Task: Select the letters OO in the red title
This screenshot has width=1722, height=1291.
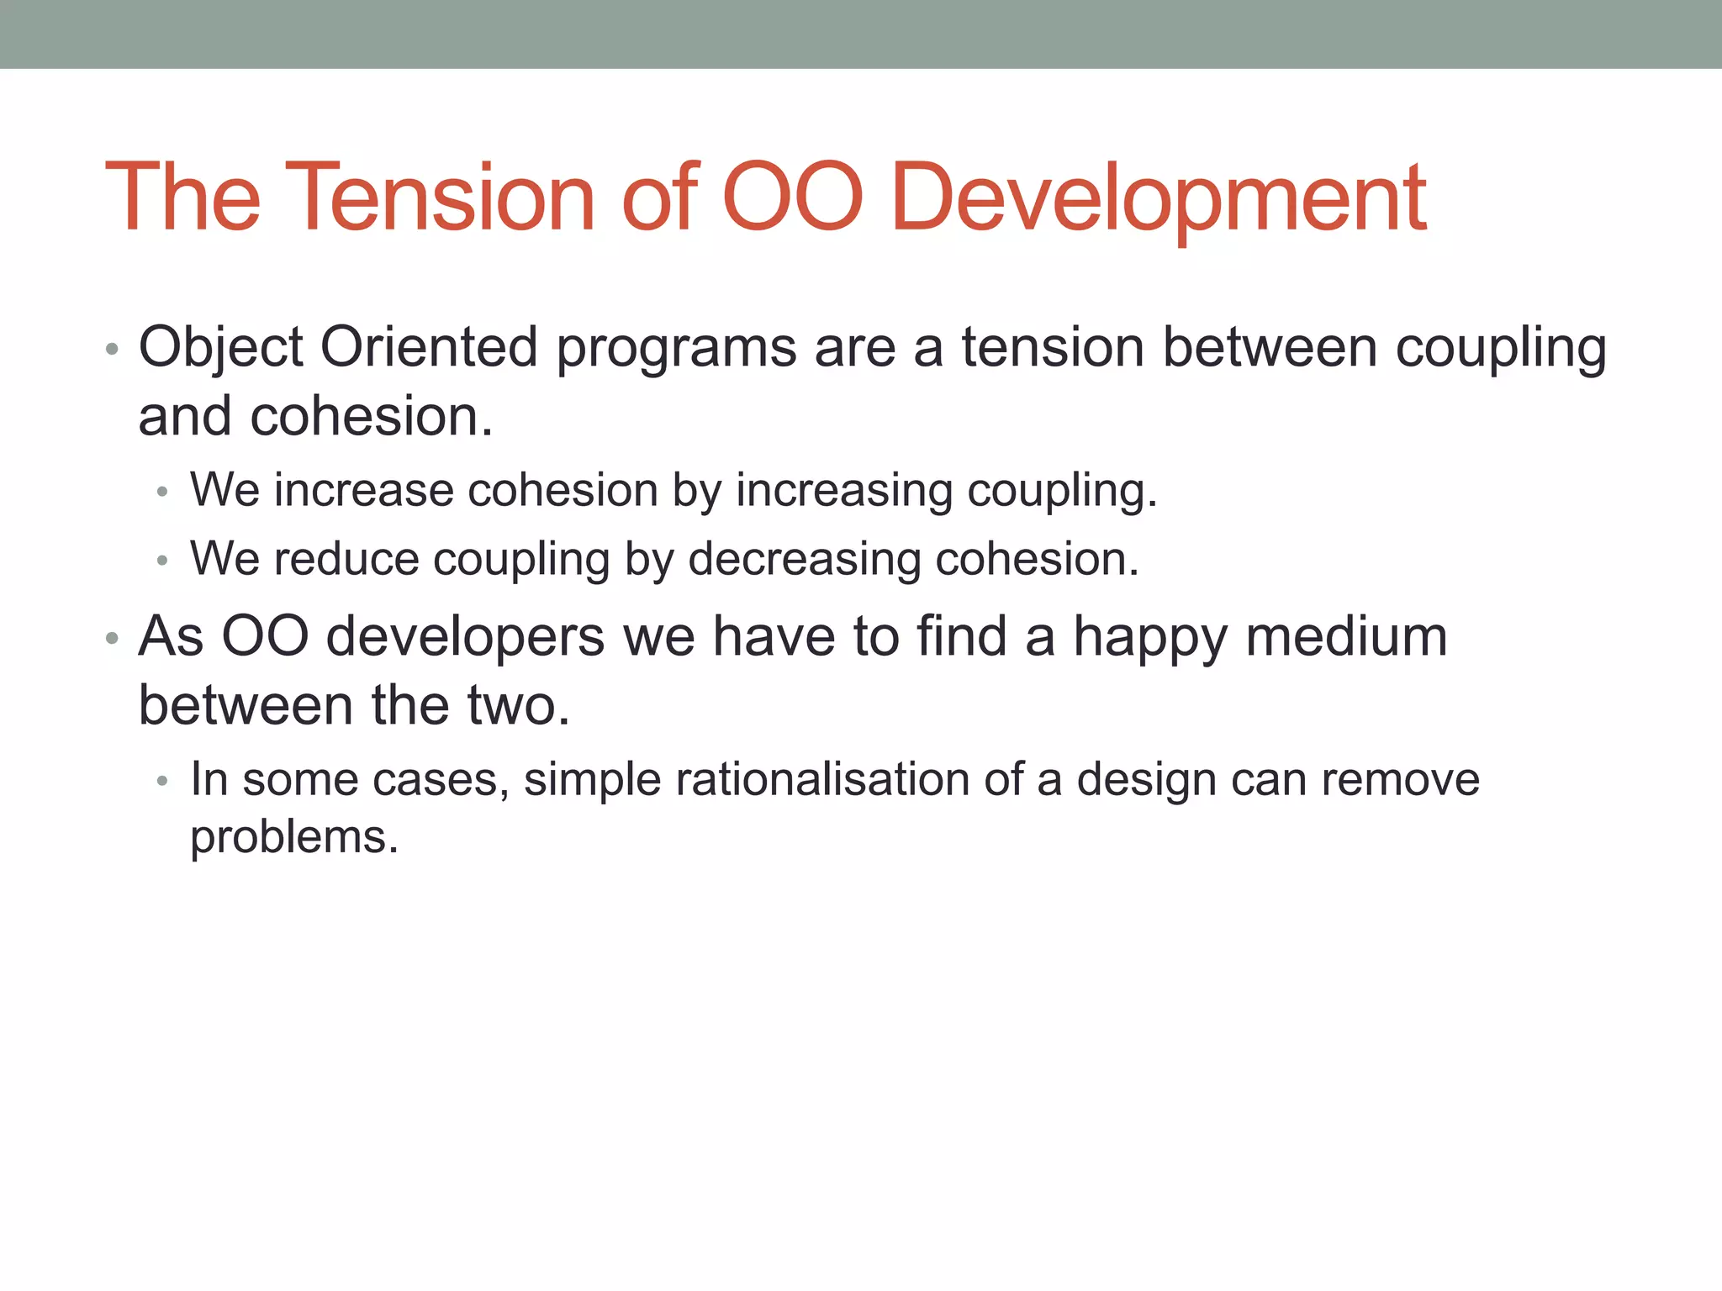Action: (x=792, y=198)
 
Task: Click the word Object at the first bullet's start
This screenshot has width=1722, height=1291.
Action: (x=220, y=348)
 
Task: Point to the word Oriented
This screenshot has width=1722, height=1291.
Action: (x=429, y=348)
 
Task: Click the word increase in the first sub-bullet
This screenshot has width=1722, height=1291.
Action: (x=363, y=490)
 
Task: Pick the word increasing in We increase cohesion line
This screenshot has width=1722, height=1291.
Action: (x=844, y=492)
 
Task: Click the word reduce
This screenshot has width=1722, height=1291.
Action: (x=346, y=559)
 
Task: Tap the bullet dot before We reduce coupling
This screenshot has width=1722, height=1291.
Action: (x=162, y=561)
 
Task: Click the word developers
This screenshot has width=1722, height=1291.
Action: (x=465, y=637)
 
